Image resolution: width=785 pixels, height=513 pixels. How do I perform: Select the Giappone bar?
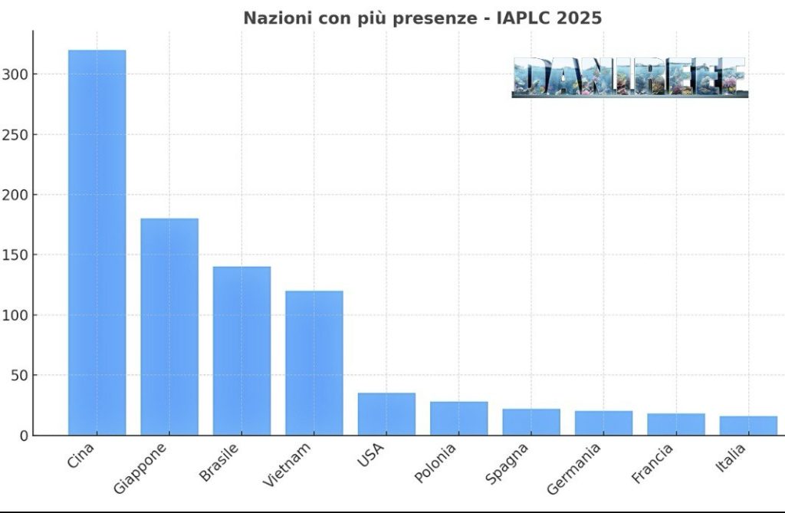tap(169, 327)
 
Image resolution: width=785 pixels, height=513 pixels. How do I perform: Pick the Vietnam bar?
tap(314, 363)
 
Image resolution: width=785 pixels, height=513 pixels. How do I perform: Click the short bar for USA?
tap(386, 414)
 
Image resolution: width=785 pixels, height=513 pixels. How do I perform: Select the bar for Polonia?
tap(458, 419)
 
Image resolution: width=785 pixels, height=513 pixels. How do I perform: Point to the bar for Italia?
tap(748, 426)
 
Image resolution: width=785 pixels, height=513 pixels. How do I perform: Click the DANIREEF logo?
tap(629, 77)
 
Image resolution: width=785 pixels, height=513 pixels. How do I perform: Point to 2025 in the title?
tap(580, 18)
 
